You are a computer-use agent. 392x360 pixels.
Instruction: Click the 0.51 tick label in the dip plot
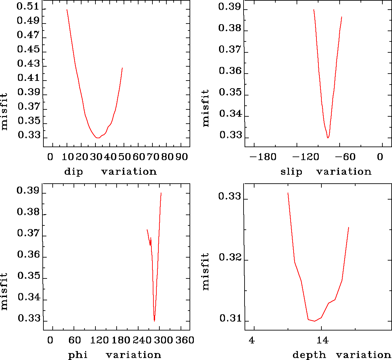click(28, 7)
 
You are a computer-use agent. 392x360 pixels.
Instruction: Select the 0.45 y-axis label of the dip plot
click(28, 49)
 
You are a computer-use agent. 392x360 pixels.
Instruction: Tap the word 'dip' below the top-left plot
click(74, 172)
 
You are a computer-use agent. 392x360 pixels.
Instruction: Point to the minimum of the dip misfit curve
click(98, 138)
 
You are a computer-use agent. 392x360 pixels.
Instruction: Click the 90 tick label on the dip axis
click(182, 157)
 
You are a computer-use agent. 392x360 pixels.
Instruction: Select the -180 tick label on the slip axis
click(263, 157)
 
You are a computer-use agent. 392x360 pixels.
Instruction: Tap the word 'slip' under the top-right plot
click(291, 172)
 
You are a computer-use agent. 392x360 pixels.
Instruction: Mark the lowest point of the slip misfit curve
click(328, 138)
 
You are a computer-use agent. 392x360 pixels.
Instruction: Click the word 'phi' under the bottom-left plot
click(78, 355)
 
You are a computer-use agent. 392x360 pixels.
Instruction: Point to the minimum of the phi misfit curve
click(154, 321)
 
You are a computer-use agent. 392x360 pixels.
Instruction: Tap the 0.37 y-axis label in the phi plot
click(28, 233)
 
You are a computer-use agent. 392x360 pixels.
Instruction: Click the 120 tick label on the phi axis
click(100, 340)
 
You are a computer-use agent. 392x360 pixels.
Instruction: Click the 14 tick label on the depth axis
click(322, 340)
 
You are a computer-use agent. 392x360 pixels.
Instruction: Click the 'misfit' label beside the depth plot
click(206, 272)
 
